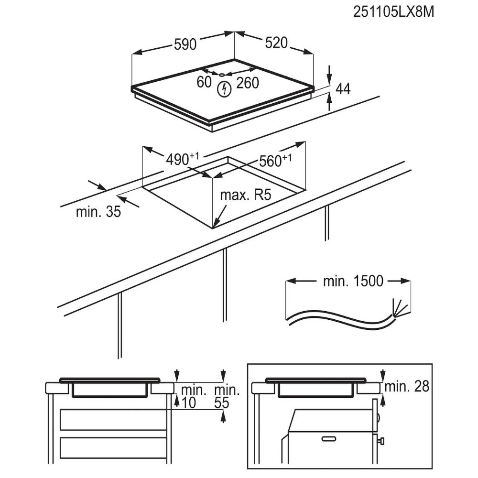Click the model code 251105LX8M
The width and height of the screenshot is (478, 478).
point(393,12)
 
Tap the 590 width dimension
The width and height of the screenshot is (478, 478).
point(185,44)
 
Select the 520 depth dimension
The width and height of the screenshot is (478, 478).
point(276,43)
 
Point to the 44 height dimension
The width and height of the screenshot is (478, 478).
point(343,89)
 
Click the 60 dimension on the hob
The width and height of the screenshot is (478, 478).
point(204,82)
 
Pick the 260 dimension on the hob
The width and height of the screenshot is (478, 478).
point(248,83)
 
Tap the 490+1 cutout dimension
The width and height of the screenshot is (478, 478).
point(182,159)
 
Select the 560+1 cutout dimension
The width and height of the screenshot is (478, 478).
point(275,161)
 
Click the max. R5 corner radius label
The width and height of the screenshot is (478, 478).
point(245,195)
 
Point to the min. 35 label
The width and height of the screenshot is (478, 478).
point(98,212)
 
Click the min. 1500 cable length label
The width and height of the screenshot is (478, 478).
point(353,281)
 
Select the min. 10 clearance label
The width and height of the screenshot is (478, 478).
point(192,396)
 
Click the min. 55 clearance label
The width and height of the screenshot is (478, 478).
point(227,396)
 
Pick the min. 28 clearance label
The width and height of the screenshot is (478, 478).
point(407,386)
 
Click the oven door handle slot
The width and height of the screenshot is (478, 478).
point(329,439)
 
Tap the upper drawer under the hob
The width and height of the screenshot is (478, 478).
point(113,420)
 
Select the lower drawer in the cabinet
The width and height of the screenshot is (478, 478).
point(113,447)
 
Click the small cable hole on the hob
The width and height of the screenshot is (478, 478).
point(222,75)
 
